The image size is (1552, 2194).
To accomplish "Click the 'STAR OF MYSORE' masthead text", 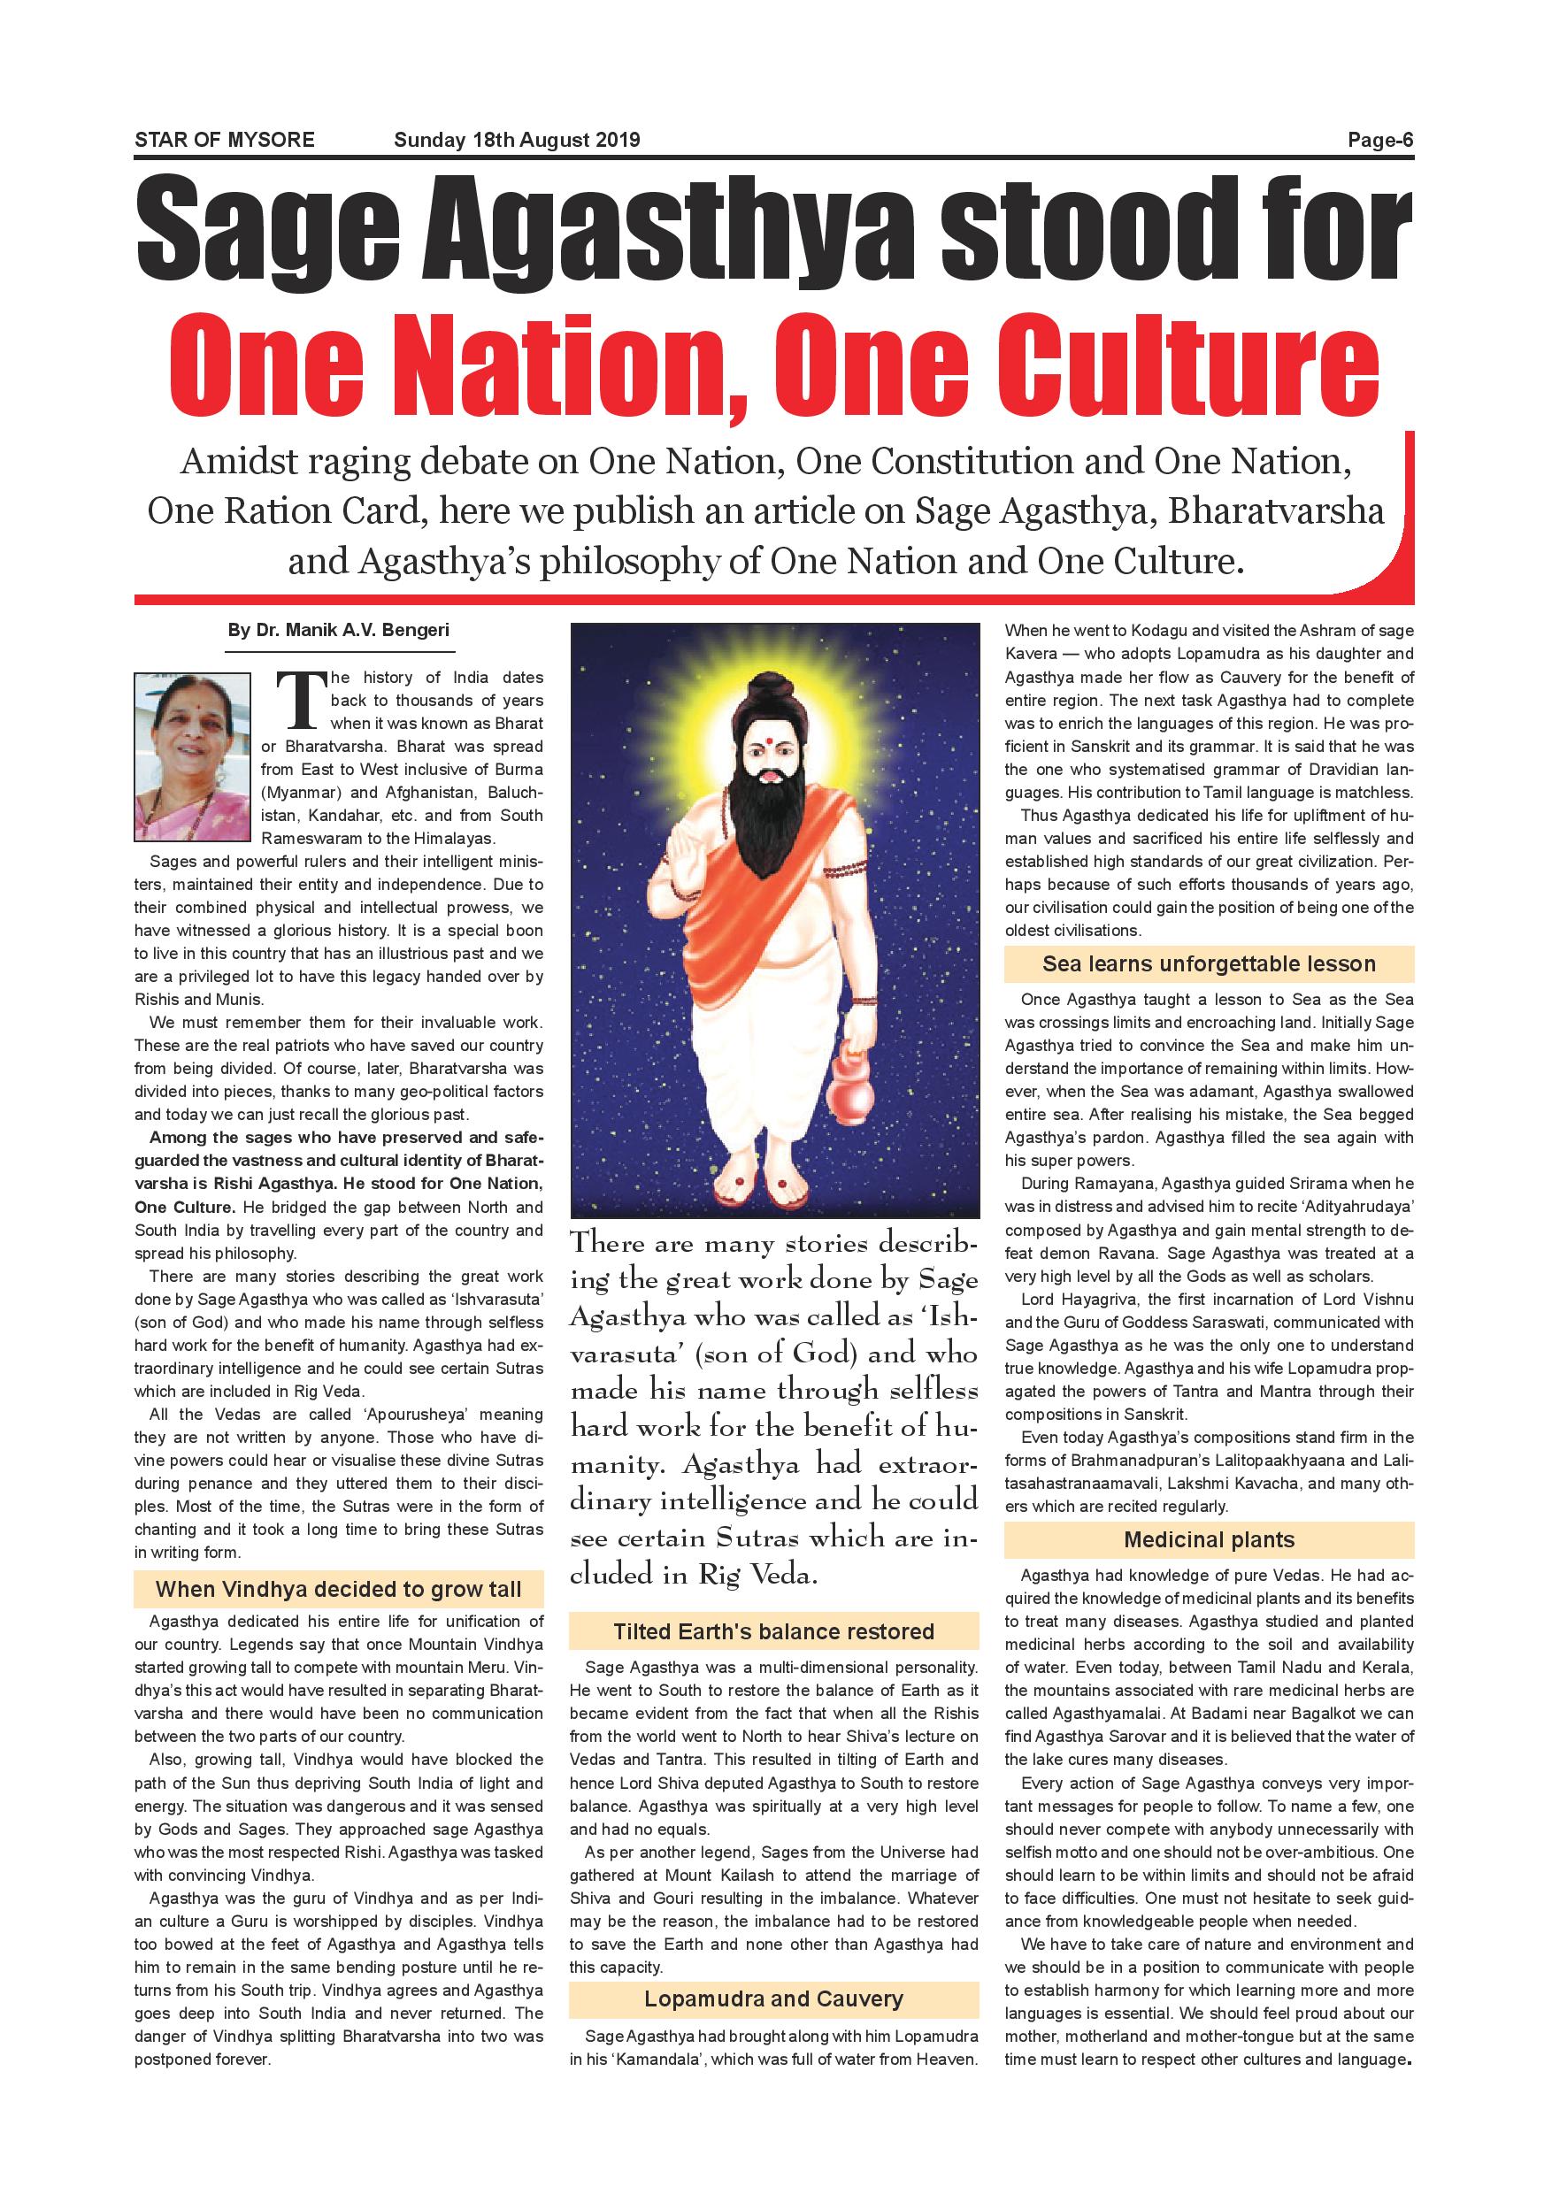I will click(x=225, y=140).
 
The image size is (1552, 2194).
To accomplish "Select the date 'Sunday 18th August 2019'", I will click(x=517, y=140).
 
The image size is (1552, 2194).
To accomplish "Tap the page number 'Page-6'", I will click(x=1380, y=140).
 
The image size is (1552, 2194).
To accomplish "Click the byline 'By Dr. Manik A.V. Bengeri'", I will click(x=339, y=631).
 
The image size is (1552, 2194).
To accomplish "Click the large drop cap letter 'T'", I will click(x=296, y=699).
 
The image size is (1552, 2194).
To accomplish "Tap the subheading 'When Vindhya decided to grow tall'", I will click(x=339, y=1589).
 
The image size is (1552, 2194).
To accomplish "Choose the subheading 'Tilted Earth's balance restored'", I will click(x=774, y=1631).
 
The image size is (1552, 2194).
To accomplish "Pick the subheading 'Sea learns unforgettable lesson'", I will click(x=1209, y=963).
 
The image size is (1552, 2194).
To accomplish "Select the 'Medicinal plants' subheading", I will click(x=1209, y=1539).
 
